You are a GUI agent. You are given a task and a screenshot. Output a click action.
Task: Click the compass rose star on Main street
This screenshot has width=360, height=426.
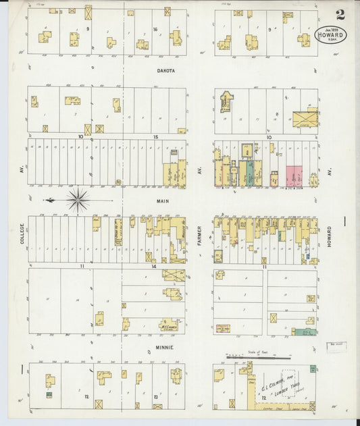click(x=78, y=200)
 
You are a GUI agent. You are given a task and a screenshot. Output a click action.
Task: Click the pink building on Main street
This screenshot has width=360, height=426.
click(x=294, y=176)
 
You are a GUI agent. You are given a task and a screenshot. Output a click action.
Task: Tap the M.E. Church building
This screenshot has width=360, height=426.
click(x=168, y=325)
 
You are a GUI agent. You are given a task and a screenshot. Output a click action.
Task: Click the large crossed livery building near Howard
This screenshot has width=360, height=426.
click(x=305, y=119)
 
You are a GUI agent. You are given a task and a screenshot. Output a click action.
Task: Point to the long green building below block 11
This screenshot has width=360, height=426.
click(x=304, y=332)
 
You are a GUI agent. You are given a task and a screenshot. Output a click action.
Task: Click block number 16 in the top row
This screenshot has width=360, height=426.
click(x=155, y=29)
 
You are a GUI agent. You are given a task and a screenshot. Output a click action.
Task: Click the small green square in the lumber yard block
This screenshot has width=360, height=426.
click(x=313, y=369)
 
